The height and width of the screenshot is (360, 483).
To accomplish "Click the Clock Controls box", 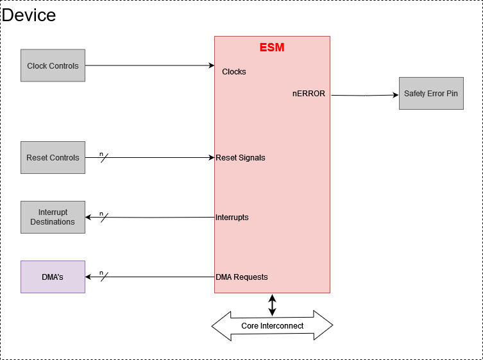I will pos(53,65).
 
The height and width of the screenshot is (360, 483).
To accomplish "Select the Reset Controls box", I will pos(53,157).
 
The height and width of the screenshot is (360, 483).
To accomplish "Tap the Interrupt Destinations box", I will pos(53,217).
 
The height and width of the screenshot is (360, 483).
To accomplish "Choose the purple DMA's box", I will pos(53,277).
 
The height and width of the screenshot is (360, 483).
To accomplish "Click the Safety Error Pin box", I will pos(430,93).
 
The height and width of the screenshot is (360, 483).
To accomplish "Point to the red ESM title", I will pos(272,47).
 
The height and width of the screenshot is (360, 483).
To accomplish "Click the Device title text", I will pos(29,15).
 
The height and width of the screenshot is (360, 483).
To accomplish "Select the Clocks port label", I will pos(233,71).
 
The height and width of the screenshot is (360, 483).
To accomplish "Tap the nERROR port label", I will pos(309,93).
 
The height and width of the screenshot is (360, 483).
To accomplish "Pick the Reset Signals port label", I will pos(240,157).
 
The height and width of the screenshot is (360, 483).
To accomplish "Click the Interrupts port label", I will pos(232,217).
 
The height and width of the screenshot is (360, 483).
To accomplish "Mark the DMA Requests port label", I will pos(241,277).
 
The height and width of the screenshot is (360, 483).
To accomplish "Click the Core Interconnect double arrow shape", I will pos(272,326).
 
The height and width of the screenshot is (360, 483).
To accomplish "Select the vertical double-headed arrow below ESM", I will pos(272,304).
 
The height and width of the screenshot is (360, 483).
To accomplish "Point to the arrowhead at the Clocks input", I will pos(210,65).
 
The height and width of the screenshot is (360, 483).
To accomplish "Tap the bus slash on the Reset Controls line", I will pos(104,157).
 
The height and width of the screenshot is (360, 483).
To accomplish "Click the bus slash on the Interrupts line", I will pos(104,217).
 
